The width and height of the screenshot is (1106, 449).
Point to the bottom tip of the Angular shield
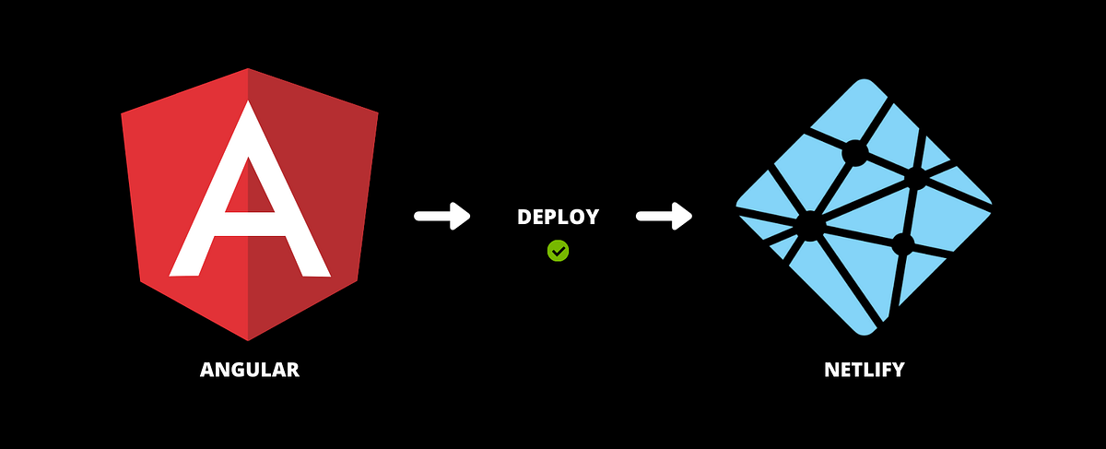coord(248,337)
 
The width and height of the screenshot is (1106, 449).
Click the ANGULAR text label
coord(250,371)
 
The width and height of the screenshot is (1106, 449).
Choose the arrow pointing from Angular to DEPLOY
coord(442,217)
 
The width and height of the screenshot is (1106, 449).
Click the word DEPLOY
coord(558,218)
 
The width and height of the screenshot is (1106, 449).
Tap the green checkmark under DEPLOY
coord(558,250)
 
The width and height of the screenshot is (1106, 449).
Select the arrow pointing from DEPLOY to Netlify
coord(665,217)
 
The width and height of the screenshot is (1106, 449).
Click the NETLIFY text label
coord(864,371)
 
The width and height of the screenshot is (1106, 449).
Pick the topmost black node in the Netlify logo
coord(854,153)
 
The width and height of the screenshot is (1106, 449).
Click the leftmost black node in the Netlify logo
coord(809,225)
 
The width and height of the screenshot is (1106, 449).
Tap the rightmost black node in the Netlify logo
coord(916,178)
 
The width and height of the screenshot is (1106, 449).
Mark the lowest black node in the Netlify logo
coord(902,244)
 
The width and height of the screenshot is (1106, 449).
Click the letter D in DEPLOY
coord(524,218)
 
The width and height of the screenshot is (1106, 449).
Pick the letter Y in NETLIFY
coord(898,371)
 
